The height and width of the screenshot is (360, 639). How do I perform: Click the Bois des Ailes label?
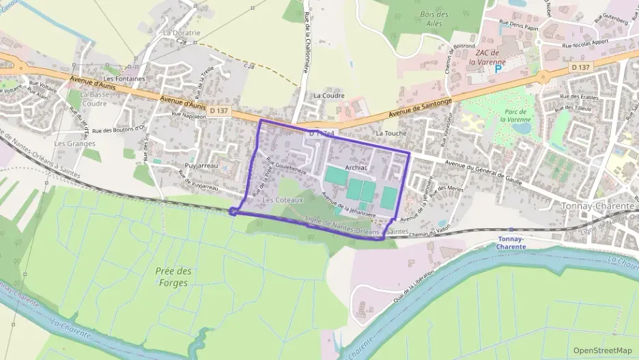point(434,18)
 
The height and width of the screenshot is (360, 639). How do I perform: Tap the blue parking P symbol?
point(498,68)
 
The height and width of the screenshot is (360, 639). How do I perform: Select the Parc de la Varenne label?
point(516,115)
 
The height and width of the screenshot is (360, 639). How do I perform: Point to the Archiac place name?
point(356,167)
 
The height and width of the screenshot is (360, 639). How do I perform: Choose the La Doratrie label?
point(182,32)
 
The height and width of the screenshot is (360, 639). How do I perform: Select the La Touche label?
point(391,133)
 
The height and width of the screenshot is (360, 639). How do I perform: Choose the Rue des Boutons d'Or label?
point(119,129)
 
